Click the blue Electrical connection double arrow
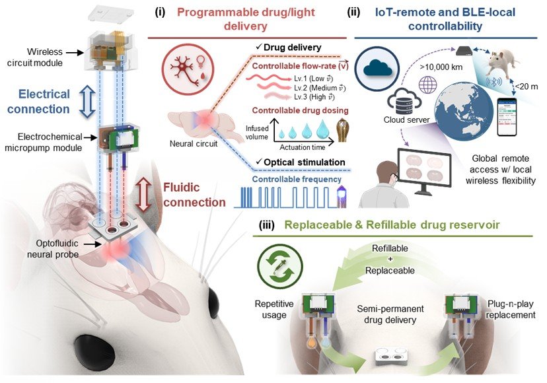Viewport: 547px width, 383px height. (87, 102)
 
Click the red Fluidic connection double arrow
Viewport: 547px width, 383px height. (144, 195)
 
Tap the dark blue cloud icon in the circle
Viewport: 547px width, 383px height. (377, 69)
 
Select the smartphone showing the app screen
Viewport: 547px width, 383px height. (507, 117)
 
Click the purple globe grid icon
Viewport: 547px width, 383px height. (428, 85)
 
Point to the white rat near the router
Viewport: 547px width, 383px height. (501, 63)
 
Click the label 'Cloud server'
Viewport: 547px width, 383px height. (406, 120)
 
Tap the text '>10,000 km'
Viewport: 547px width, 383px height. (441, 67)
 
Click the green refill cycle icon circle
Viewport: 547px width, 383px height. (280, 267)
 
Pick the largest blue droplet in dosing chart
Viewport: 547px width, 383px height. (323, 129)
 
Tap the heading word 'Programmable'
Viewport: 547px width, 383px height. (216, 12)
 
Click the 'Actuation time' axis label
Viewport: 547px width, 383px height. (303, 147)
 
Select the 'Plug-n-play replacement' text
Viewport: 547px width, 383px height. (511, 310)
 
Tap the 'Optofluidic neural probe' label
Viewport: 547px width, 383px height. (53, 249)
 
